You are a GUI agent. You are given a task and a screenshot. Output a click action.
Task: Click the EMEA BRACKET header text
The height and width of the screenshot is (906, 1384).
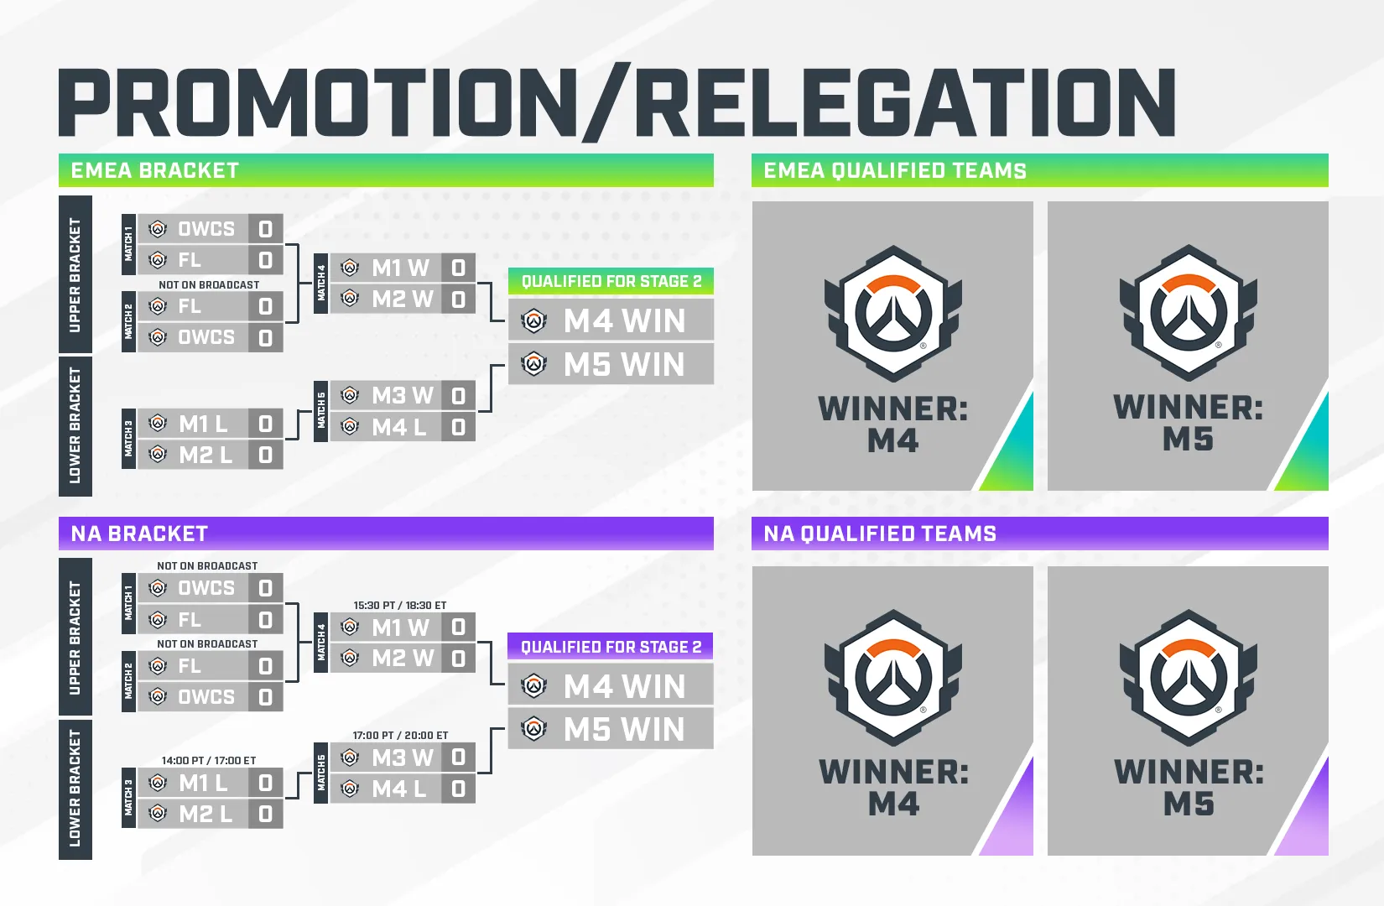[x=155, y=170]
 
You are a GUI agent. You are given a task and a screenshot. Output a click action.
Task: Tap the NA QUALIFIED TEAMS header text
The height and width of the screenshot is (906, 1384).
[x=880, y=534]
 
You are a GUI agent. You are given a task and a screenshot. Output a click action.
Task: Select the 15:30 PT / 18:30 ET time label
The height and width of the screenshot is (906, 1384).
[x=400, y=605]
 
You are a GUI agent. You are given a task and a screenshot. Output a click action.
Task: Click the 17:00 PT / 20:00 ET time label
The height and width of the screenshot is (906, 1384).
[x=400, y=735]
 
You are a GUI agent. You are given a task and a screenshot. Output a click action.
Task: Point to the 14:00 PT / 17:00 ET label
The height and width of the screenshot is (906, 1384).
[x=209, y=760]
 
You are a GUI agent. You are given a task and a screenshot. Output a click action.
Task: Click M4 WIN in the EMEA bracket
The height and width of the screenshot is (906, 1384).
[x=623, y=320]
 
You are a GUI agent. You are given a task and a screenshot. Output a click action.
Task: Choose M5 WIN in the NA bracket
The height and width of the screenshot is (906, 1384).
[x=623, y=729]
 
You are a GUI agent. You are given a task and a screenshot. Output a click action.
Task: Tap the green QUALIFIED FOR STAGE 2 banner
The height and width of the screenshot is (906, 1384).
[x=611, y=281]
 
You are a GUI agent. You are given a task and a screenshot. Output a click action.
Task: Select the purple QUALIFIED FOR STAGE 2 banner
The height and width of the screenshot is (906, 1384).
[x=611, y=647]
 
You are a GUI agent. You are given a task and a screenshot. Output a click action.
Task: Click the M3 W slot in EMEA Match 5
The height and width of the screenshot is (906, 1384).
[x=402, y=395]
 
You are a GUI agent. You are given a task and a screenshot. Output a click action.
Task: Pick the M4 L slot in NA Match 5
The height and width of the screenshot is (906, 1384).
[x=398, y=789]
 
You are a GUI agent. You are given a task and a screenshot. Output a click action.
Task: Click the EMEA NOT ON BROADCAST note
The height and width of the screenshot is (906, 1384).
[x=209, y=284]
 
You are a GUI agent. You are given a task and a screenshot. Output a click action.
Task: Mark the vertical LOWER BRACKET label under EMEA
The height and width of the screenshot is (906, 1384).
[x=75, y=425]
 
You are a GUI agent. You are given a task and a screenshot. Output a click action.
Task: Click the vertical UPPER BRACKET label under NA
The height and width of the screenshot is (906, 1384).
[x=75, y=638]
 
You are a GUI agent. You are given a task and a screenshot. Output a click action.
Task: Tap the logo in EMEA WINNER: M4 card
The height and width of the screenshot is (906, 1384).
[x=892, y=314]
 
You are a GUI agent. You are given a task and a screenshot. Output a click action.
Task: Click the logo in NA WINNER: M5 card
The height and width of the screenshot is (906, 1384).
[x=1188, y=678]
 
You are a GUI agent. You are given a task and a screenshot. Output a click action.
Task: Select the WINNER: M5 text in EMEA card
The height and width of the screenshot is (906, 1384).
[x=1188, y=423]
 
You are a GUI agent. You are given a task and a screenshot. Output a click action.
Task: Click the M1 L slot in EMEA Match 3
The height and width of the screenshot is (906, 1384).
[x=203, y=424]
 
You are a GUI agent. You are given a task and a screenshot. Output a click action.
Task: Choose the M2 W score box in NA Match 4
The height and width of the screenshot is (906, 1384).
[x=458, y=658]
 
